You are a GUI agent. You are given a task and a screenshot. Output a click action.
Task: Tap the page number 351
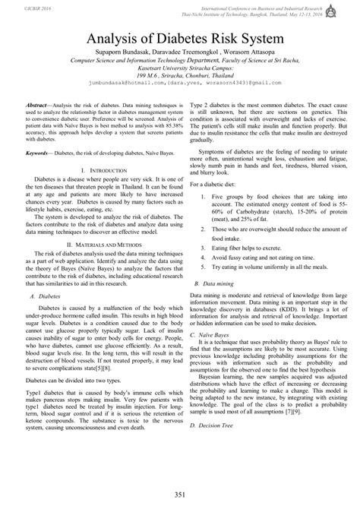pos(179,495)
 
